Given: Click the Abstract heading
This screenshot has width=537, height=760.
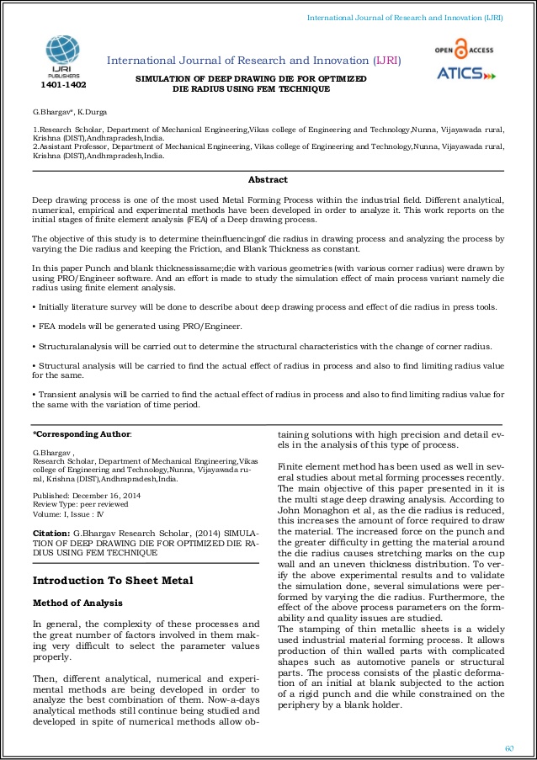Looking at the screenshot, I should (x=268, y=179).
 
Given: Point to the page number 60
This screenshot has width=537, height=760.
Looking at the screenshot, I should (x=508, y=748).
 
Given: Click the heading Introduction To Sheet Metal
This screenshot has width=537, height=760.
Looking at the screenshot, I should (x=113, y=580).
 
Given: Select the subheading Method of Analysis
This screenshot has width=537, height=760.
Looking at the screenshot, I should (x=77, y=603).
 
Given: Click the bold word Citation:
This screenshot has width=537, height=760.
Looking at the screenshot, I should (x=51, y=533).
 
